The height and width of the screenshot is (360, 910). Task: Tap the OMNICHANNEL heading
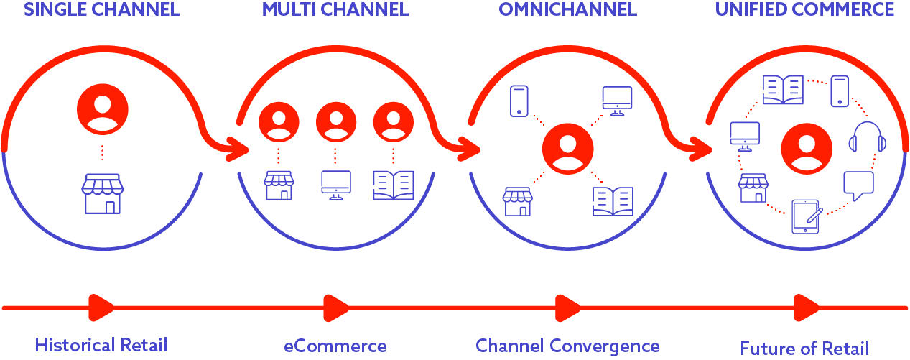[x=567, y=10]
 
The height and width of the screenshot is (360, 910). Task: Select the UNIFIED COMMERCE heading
[x=804, y=10]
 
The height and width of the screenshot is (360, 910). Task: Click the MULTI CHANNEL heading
[x=335, y=10]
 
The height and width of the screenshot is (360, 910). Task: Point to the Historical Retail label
[x=101, y=345]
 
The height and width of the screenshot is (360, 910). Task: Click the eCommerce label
[x=335, y=346]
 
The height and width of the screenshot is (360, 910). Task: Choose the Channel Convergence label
[x=567, y=346]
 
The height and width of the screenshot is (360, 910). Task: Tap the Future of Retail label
[x=804, y=349]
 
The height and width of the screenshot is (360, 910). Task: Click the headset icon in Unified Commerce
[x=866, y=137]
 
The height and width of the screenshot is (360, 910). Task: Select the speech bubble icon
[x=858, y=185]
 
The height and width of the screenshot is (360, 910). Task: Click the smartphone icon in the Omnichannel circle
[x=519, y=101]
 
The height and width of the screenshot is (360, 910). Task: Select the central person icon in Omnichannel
[x=567, y=149]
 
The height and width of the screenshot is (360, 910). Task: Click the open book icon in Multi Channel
[x=394, y=185]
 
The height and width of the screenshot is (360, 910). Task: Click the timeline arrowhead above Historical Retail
[x=101, y=308]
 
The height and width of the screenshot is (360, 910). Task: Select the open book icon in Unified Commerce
[x=783, y=91]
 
